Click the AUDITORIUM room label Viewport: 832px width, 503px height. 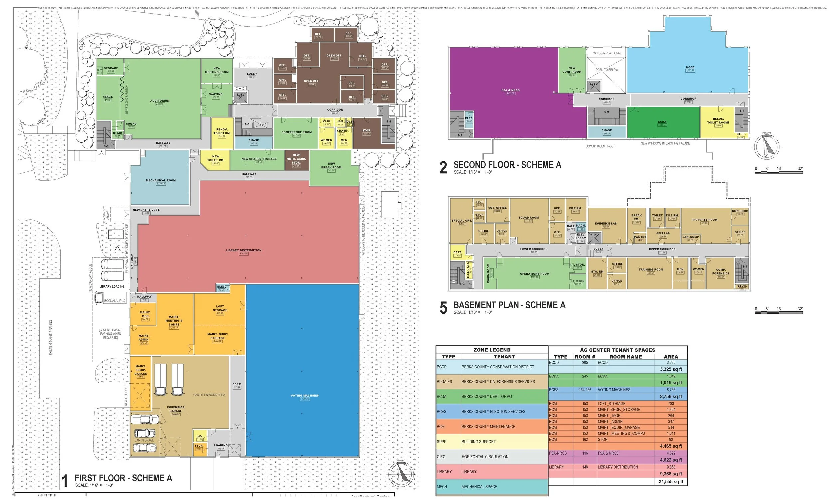(160, 101)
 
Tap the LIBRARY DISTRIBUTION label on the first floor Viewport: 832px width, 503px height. (244, 250)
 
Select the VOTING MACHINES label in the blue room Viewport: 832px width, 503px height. (305, 395)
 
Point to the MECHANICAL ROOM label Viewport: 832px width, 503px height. (161, 180)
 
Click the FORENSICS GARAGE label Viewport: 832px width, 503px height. (176, 409)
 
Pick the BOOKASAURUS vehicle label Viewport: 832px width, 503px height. (115, 301)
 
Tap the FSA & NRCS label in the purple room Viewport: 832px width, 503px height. (510, 90)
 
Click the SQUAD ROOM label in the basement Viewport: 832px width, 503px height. (529, 218)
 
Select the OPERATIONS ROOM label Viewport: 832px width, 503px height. (535, 274)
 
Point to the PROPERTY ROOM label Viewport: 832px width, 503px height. (704, 220)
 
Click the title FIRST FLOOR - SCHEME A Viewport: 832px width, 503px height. (123, 478)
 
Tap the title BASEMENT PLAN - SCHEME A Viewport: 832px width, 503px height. (509, 305)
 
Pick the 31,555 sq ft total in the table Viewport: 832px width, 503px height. (671, 482)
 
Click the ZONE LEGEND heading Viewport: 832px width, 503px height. (492, 350)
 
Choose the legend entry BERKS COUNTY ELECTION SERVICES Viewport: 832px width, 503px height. (493, 412)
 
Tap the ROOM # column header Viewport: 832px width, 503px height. (585, 357)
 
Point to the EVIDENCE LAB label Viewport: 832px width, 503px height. (606, 224)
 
